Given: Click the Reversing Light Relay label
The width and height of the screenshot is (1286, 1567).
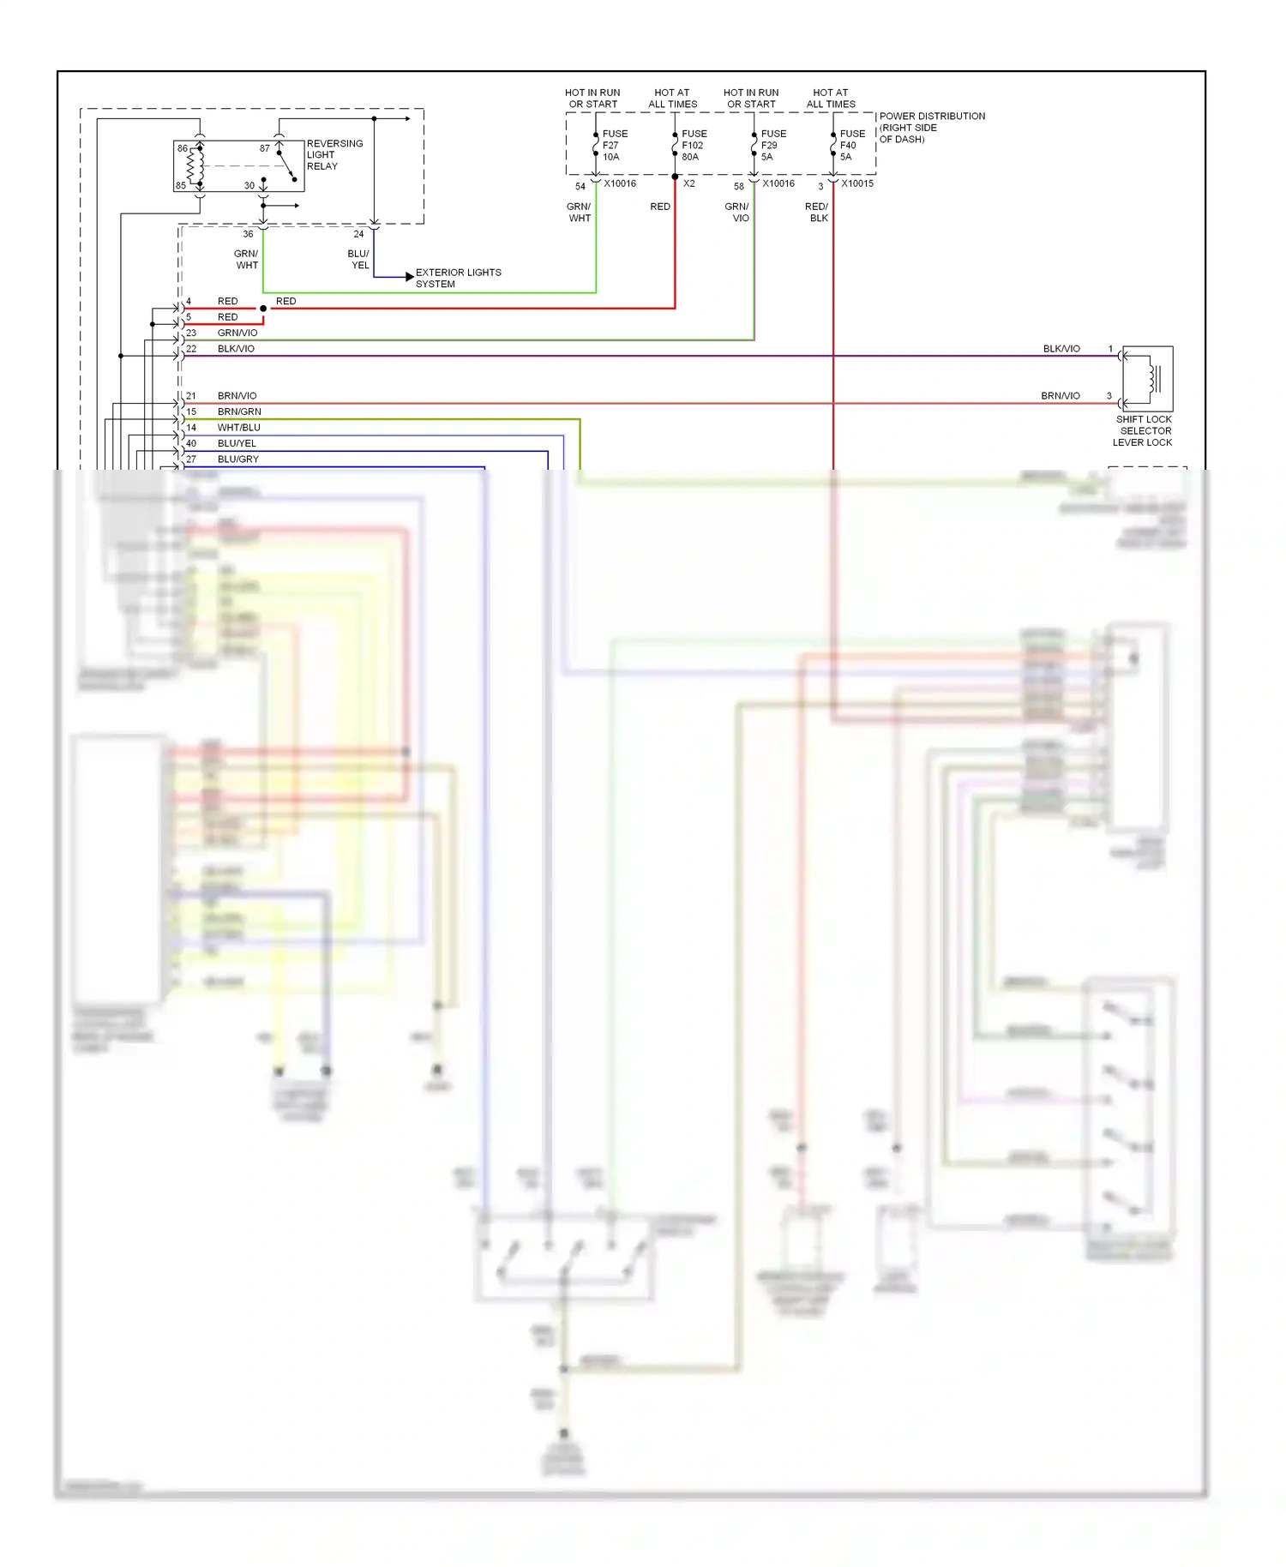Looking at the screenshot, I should point(334,155).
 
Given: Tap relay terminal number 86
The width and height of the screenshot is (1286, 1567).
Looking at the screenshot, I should point(182,148).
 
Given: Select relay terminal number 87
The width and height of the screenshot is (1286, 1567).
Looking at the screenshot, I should point(265,148).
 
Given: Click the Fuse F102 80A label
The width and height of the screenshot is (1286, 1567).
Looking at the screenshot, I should point(694,146).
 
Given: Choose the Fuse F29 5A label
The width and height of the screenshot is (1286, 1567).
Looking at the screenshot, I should point(772,146).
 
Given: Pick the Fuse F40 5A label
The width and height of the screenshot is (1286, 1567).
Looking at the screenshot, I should point(851,146).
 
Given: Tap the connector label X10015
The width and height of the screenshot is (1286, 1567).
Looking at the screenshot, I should point(857,183).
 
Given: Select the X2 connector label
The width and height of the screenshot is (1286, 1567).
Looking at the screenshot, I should point(688,183).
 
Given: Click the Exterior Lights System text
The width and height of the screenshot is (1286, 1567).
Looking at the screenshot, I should point(458,278).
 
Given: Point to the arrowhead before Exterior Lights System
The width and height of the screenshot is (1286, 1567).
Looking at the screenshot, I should point(410,277).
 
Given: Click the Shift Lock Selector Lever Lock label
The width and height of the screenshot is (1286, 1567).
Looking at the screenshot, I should point(1143,431).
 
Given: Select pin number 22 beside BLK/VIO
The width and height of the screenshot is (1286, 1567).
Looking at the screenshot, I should point(191,349).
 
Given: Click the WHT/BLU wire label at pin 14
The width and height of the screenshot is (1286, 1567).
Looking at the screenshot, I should point(238,428).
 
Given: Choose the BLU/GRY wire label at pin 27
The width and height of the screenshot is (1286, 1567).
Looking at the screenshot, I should point(237,459).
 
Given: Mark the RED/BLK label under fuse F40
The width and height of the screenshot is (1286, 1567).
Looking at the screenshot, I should point(817,213).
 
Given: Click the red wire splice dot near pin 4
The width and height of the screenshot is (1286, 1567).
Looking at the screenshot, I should point(263,309).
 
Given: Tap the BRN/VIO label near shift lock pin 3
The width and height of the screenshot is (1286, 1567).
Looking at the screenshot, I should point(1060,396).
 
